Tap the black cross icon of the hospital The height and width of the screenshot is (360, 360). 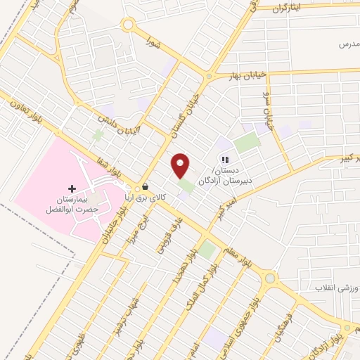point(72,188)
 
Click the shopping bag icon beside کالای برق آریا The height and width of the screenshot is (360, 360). point(145,188)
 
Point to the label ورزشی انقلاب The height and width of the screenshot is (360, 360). point(335,289)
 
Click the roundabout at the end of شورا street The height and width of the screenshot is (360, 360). point(127,25)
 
